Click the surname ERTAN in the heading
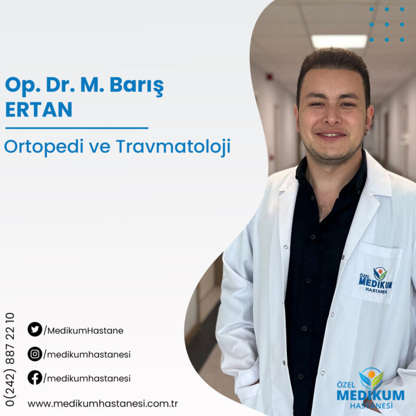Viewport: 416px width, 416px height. pos(39,109)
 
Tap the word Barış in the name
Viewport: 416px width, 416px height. pos(137,86)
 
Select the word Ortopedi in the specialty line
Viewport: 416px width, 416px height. pos(44,146)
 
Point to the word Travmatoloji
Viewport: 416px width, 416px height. pos(173,146)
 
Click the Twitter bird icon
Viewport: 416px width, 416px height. pos(35,329)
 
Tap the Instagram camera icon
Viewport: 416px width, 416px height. pos(35,354)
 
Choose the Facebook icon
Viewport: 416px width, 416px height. pos(35,378)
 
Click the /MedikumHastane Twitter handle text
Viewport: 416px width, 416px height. pos(84,331)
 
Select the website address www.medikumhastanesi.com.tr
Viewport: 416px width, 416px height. pos(103,404)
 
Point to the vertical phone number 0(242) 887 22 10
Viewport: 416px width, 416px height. pos(10,359)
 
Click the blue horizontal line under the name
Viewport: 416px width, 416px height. pos(77,128)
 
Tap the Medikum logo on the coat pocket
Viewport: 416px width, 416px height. pos(375,280)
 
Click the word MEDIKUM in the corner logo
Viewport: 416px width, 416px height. pos(371,395)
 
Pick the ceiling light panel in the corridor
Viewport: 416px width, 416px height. pos(339,41)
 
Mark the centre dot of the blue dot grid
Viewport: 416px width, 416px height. pos(387,25)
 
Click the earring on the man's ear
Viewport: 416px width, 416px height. pos(366,131)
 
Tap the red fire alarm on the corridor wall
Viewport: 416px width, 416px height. pos(270,77)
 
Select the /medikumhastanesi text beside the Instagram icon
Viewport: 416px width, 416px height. pos(87,354)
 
